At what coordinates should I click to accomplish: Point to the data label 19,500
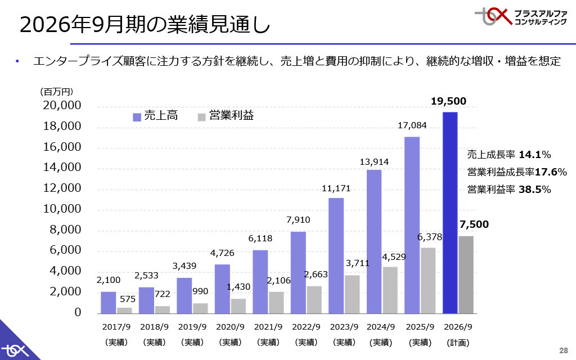click(448, 101)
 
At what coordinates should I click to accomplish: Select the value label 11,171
click(336, 188)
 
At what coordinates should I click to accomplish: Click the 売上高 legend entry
click(156, 116)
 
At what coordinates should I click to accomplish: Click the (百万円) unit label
click(57, 91)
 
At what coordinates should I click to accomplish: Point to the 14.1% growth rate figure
click(534, 155)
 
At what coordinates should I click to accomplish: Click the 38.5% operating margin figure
click(534, 190)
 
